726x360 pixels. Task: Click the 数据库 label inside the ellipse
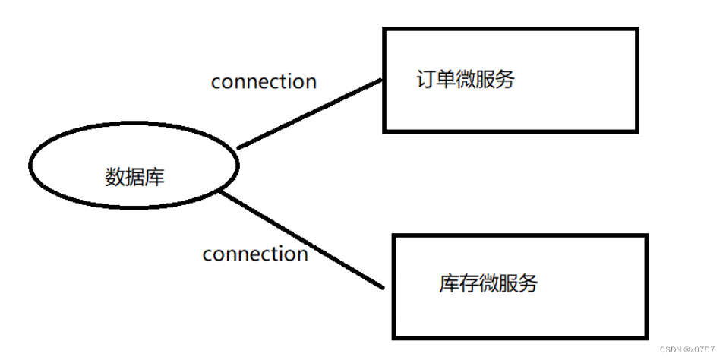tap(134, 177)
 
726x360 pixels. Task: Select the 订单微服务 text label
tap(465, 80)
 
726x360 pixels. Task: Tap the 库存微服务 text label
tap(488, 283)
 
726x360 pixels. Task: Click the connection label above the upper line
tap(264, 81)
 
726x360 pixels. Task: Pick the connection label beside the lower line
tap(255, 254)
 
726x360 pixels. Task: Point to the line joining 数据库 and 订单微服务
tap(309, 115)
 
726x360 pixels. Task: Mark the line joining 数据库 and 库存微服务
tap(300, 240)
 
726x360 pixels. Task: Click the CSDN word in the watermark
tap(672, 350)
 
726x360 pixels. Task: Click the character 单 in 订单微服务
tap(446, 80)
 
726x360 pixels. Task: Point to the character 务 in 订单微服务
tap(504, 80)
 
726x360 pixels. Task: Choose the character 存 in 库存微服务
tap(469, 283)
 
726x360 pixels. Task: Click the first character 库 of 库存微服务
tap(449, 283)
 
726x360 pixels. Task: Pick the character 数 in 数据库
tap(115, 177)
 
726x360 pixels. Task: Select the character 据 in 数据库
tap(134, 177)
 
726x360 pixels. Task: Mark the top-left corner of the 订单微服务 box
tap(385, 30)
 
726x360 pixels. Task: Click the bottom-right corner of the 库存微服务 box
tap(647, 337)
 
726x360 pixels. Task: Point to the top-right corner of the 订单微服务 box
tap(636, 30)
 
